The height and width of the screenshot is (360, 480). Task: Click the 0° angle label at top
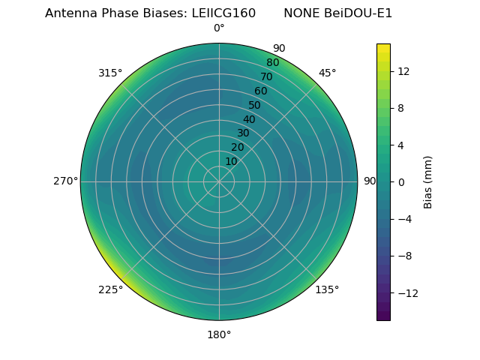point(219,28)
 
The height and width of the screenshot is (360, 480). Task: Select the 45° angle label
point(327,73)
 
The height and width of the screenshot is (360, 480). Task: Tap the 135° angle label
point(327,289)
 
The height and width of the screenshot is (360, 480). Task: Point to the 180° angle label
point(219,334)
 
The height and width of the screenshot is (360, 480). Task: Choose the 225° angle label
point(110,290)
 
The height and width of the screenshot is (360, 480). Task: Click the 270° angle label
point(65,181)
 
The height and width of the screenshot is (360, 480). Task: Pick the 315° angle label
point(110,73)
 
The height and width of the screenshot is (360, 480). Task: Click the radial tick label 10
point(231,161)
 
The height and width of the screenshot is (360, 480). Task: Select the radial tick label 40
point(249,120)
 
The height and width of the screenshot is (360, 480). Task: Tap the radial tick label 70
point(266,77)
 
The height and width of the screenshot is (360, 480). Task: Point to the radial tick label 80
point(272,63)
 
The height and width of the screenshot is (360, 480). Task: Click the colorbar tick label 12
point(403,71)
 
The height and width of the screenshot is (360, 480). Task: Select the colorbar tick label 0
point(400,182)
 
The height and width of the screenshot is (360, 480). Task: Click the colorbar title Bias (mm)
point(428,182)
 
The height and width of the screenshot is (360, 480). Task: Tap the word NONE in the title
point(301,13)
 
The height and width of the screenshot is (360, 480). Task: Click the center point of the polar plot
point(219,181)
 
